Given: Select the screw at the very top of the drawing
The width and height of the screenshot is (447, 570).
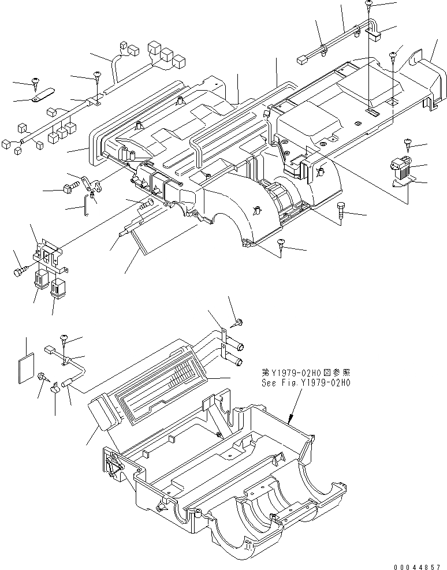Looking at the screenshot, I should click(x=369, y=5).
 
